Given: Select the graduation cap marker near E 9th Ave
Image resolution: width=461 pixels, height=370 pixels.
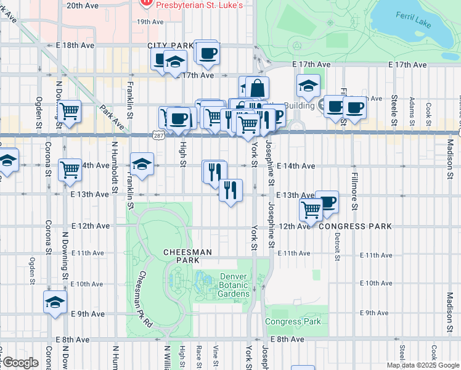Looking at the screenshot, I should pyautogui.click(x=55, y=303).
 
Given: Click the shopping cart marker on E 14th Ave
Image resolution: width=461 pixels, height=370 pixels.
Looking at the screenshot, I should pyautogui.click(x=70, y=169).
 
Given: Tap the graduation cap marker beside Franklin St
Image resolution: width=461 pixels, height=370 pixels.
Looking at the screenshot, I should pyautogui.click(x=142, y=165).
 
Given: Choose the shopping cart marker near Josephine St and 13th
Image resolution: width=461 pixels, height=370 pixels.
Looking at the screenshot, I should pyautogui.click(x=311, y=210).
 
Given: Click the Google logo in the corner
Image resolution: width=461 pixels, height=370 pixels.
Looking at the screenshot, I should pyautogui.click(x=20, y=363).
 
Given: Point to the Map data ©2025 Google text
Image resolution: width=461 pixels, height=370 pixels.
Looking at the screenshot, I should pyautogui.click(x=423, y=365).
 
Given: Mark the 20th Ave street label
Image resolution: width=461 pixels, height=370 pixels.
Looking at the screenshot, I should pyautogui.click(x=83, y=5).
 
